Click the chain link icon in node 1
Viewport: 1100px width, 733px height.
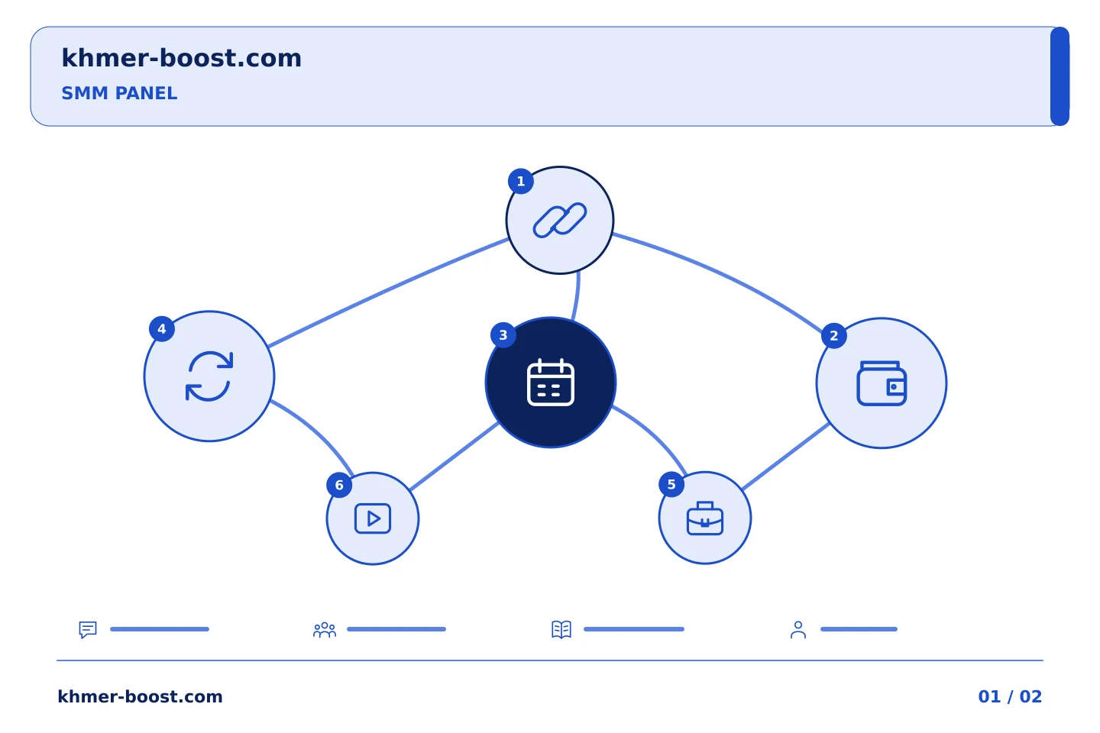coord(560,220)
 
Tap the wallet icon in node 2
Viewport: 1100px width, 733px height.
coord(882,383)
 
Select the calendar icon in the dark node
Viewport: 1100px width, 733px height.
coord(551,383)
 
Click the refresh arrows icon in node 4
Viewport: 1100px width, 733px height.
coord(209,376)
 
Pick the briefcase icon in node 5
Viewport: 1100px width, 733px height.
coord(704,518)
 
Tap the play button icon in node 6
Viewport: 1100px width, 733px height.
coord(373,518)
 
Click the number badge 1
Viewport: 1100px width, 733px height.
coord(521,181)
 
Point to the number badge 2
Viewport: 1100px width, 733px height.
coord(834,336)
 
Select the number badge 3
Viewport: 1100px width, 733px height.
coord(503,335)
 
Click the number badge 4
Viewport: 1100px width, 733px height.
coord(162,329)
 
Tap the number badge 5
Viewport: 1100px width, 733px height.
coord(671,485)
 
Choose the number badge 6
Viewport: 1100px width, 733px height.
coord(339,485)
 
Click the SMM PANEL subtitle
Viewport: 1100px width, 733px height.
coord(119,93)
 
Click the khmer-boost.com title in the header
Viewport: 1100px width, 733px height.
coord(181,58)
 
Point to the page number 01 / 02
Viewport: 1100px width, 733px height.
coord(1010,696)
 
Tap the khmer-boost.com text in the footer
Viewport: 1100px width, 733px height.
coord(140,696)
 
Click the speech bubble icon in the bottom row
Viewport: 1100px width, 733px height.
coord(88,629)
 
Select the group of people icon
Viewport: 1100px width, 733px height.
coord(325,629)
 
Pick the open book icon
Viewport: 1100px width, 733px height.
coord(561,629)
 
